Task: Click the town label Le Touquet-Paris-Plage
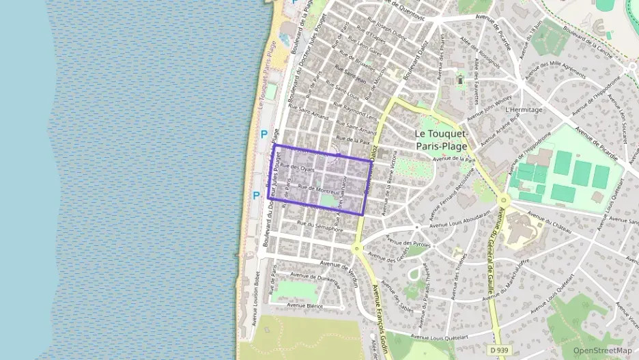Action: coord(442,139)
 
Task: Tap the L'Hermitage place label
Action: coord(524,109)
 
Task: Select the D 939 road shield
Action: coord(499,350)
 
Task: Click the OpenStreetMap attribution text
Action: coord(602,350)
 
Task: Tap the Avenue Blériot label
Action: coord(304,306)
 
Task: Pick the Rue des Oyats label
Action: coord(297,168)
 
